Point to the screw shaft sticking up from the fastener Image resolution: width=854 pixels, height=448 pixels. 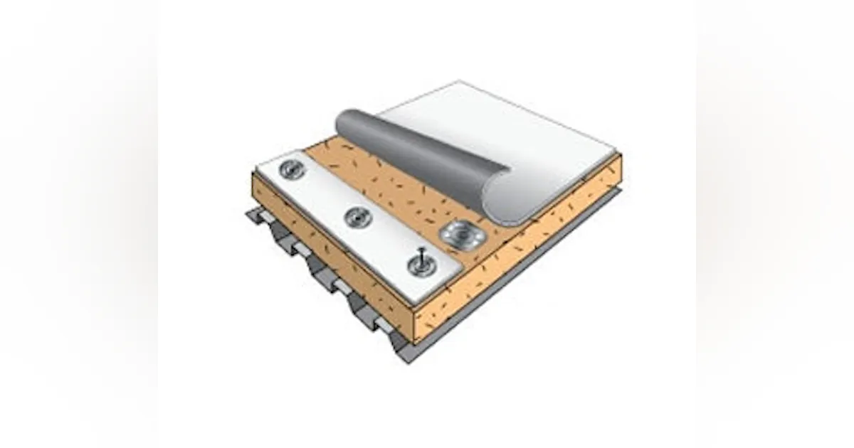tap(423, 254)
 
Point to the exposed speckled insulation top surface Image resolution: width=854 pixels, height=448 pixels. tap(399, 196)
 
